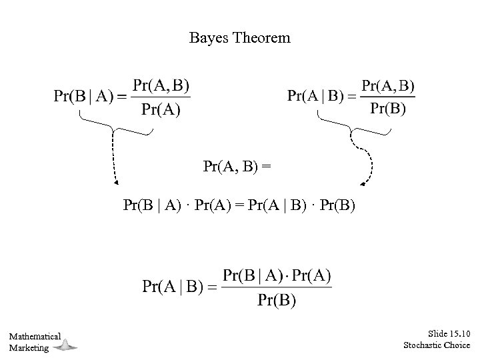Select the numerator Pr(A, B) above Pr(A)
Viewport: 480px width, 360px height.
161,85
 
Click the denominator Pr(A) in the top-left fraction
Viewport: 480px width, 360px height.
161,110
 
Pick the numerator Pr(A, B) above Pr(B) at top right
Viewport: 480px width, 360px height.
387,85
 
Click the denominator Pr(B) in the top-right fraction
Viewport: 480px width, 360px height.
387,109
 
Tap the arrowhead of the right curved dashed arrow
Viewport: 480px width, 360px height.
362,182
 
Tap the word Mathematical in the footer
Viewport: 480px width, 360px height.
35,337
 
